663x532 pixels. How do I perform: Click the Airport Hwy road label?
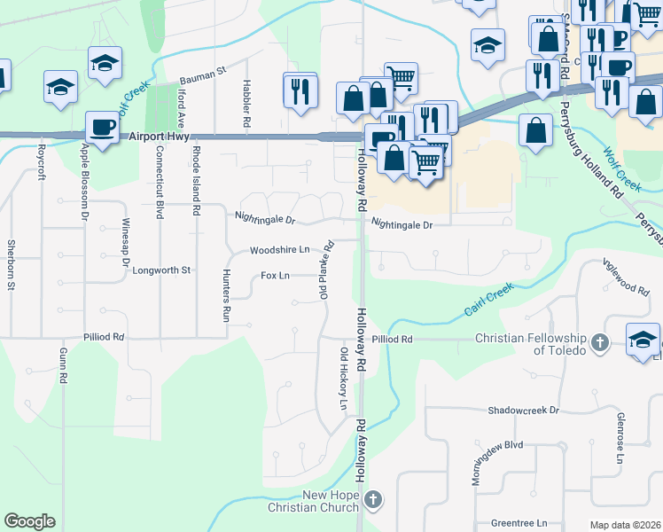(x=160, y=137)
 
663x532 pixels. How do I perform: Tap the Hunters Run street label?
(x=227, y=295)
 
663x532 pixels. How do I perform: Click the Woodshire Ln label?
(x=280, y=251)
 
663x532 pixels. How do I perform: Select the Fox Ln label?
(x=276, y=276)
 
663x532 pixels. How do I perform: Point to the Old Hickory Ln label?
(x=343, y=379)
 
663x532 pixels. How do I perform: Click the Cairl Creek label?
(x=488, y=301)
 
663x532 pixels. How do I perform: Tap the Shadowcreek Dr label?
(x=524, y=411)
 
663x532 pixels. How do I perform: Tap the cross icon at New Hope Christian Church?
(x=373, y=500)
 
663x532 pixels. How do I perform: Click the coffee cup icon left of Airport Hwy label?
(x=102, y=127)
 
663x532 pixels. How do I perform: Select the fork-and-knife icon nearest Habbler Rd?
(x=300, y=90)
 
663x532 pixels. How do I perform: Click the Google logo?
(x=29, y=521)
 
